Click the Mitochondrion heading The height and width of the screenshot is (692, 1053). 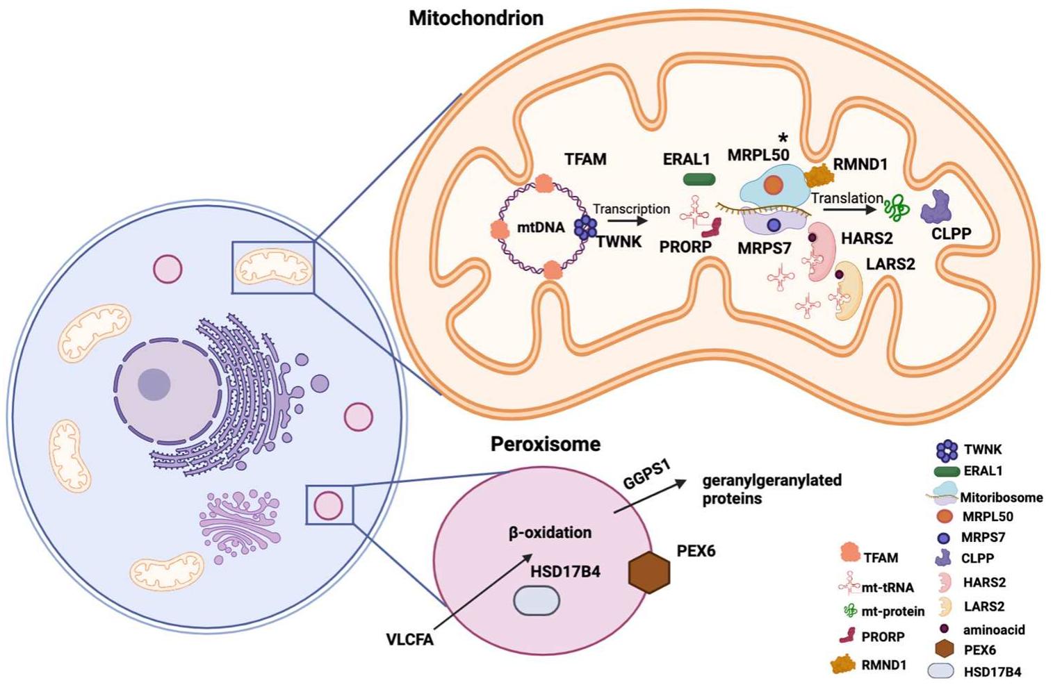click(475, 18)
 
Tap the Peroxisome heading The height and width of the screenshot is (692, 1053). click(545, 444)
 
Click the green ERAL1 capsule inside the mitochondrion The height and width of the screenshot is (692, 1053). click(699, 179)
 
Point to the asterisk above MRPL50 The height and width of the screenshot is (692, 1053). click(783, 138)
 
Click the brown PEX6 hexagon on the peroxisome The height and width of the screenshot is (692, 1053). click(648, 572)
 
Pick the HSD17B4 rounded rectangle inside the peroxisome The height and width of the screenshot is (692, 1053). click(537, 600)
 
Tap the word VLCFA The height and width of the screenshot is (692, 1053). click(409, 639)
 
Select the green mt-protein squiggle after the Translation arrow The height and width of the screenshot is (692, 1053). click(897, 207)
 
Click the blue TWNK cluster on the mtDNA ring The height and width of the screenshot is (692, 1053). click(586, 226)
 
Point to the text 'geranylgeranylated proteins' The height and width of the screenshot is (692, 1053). click(772, 489)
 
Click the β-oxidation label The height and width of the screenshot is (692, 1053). click(550, 533)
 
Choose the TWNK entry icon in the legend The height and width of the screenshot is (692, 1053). click(947, 450)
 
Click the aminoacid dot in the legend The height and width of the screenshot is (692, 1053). click(945, 629)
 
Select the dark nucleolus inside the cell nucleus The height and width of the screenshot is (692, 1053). click(154, 384)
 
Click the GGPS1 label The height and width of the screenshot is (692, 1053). click(646, 475)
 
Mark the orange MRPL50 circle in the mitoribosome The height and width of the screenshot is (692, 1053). click(773, 185)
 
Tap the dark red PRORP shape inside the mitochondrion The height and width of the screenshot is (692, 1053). click(712, 227)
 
